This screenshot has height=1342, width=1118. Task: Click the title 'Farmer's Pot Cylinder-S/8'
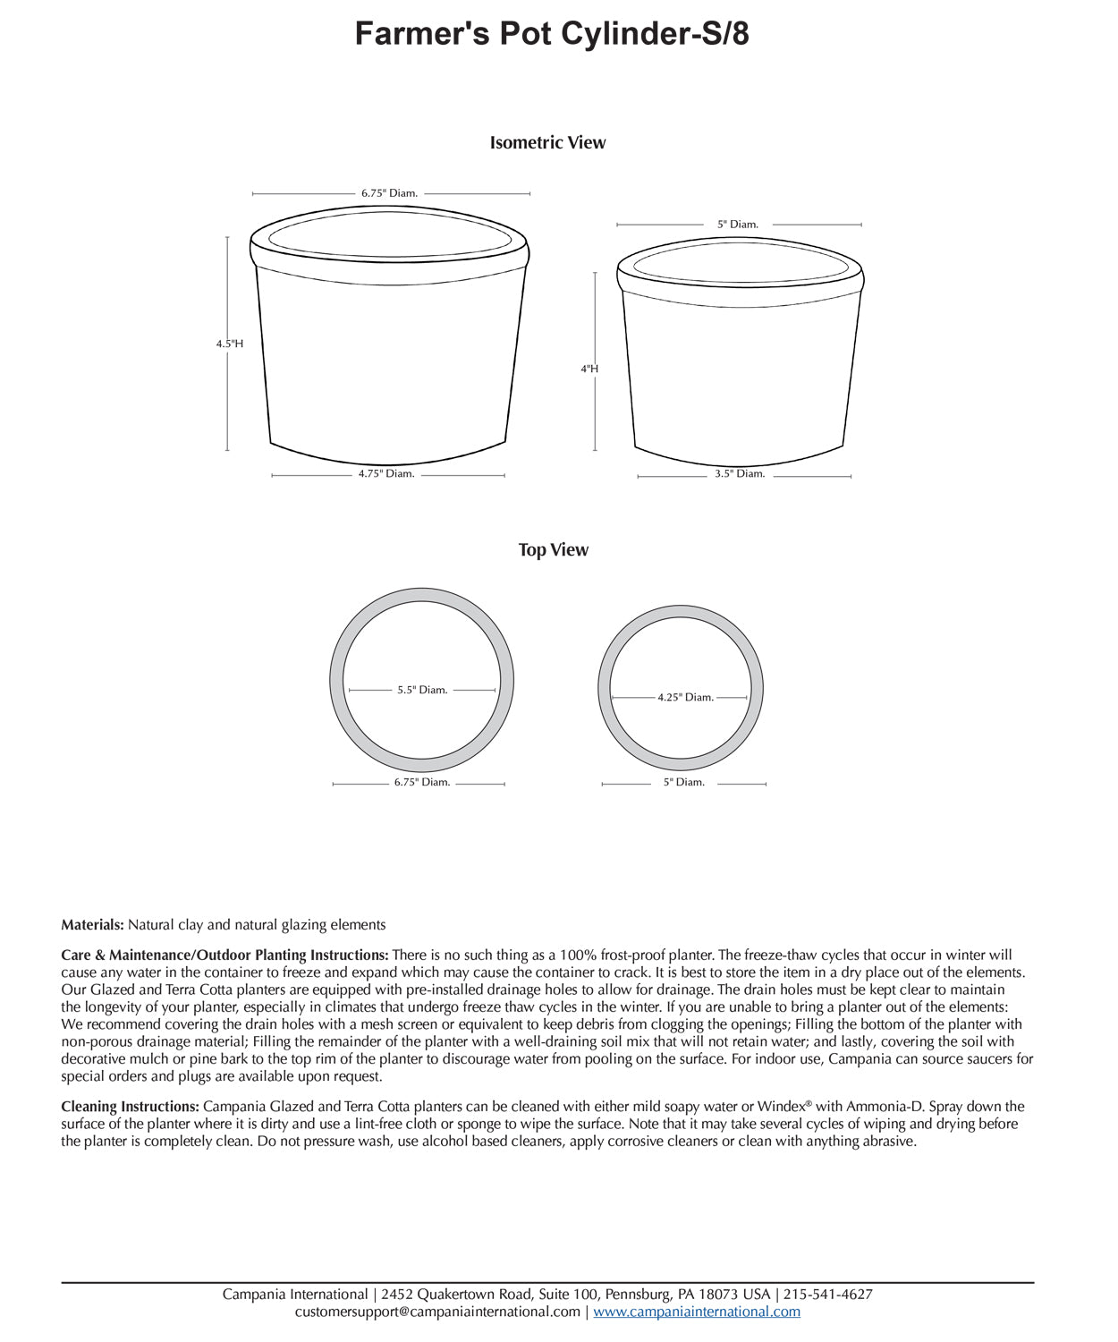coord(552,34)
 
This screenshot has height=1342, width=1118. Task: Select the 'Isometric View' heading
coord(547,142)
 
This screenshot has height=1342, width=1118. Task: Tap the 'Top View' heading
coord(553,549)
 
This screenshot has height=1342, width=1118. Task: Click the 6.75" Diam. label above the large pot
coord(389,193)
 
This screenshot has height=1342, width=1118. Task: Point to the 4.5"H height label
coord(229,344)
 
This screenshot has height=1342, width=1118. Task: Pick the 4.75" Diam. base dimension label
coord(386,474)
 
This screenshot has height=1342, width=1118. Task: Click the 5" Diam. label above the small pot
coord(738,225)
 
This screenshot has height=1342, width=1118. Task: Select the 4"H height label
coord(589,369)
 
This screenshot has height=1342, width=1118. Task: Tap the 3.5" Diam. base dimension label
coord(740,474)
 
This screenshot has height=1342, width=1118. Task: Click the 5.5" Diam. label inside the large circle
coord(422,690)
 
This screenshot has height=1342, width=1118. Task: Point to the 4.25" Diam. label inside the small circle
coord(685,698)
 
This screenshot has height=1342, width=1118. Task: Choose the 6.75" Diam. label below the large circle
coord(422,782)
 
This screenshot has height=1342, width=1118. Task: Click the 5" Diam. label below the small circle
coord(684,782)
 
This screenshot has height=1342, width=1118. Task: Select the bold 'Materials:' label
coord(92,925)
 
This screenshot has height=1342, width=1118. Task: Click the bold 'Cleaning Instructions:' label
coord(131,1107)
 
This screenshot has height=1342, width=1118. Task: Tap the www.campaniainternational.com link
coord(697,1312)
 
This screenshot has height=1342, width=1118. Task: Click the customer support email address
coord(437,1312)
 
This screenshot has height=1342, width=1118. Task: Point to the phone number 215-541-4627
coord(828,1295)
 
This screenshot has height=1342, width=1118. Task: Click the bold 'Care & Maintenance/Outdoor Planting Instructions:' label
coord(224,956)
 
